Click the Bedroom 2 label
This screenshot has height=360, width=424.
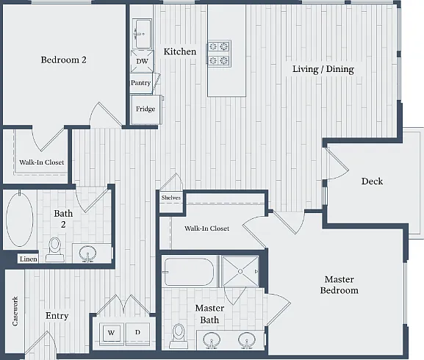(x=63, y=60)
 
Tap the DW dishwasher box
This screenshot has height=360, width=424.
(x=142, y=62)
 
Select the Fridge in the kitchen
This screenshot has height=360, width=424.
(x=145, y=109)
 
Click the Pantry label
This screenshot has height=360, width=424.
(x=140, y=83)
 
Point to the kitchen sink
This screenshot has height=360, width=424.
(x=143, y=34)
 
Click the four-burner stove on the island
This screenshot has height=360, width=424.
(x=219, y=53)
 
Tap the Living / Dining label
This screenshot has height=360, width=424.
(x=323, y=69)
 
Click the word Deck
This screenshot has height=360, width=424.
(x=372, y=181)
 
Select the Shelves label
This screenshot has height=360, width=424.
(x=171, y=198)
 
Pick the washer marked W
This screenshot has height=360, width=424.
(x=112, y=333)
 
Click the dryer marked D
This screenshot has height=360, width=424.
(x=137, y=333)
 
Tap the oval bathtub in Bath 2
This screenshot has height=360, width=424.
(x=19, y=218)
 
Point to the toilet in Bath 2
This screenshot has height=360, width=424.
(x=55, y=250)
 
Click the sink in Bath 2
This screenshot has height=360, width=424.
(x=87, y=253)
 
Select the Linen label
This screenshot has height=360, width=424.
(x=29, y=259)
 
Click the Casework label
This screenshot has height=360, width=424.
(x=15, y=311)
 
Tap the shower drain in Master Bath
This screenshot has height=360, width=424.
(x=240, y=271)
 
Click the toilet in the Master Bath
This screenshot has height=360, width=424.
(x=179, y=336)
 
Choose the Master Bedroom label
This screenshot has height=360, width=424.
(x=339, y=284)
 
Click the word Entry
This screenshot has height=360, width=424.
(x=57, y=316)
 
